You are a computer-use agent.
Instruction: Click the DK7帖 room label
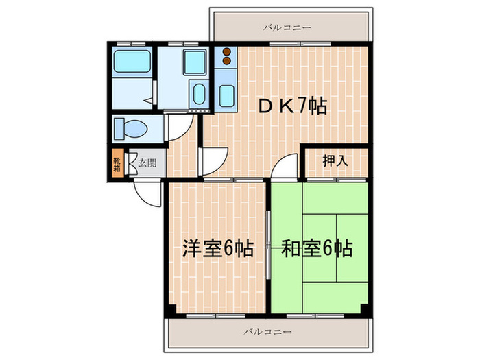pyautogui.click(x=291, y=106)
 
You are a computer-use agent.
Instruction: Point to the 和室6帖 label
pyautogui.click(x=317, y=248)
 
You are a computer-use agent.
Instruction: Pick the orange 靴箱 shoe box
pyautogui.click(x=117, y=163)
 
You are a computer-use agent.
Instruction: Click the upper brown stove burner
pyautogui.click(x=226, y=52)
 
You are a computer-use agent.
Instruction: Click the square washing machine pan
pyautogui.click(x=195, y=62)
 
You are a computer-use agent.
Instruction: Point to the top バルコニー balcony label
pyautogui.click(x=287, y=28)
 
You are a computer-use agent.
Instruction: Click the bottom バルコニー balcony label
pyautogui.click(x=268, y=331)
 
